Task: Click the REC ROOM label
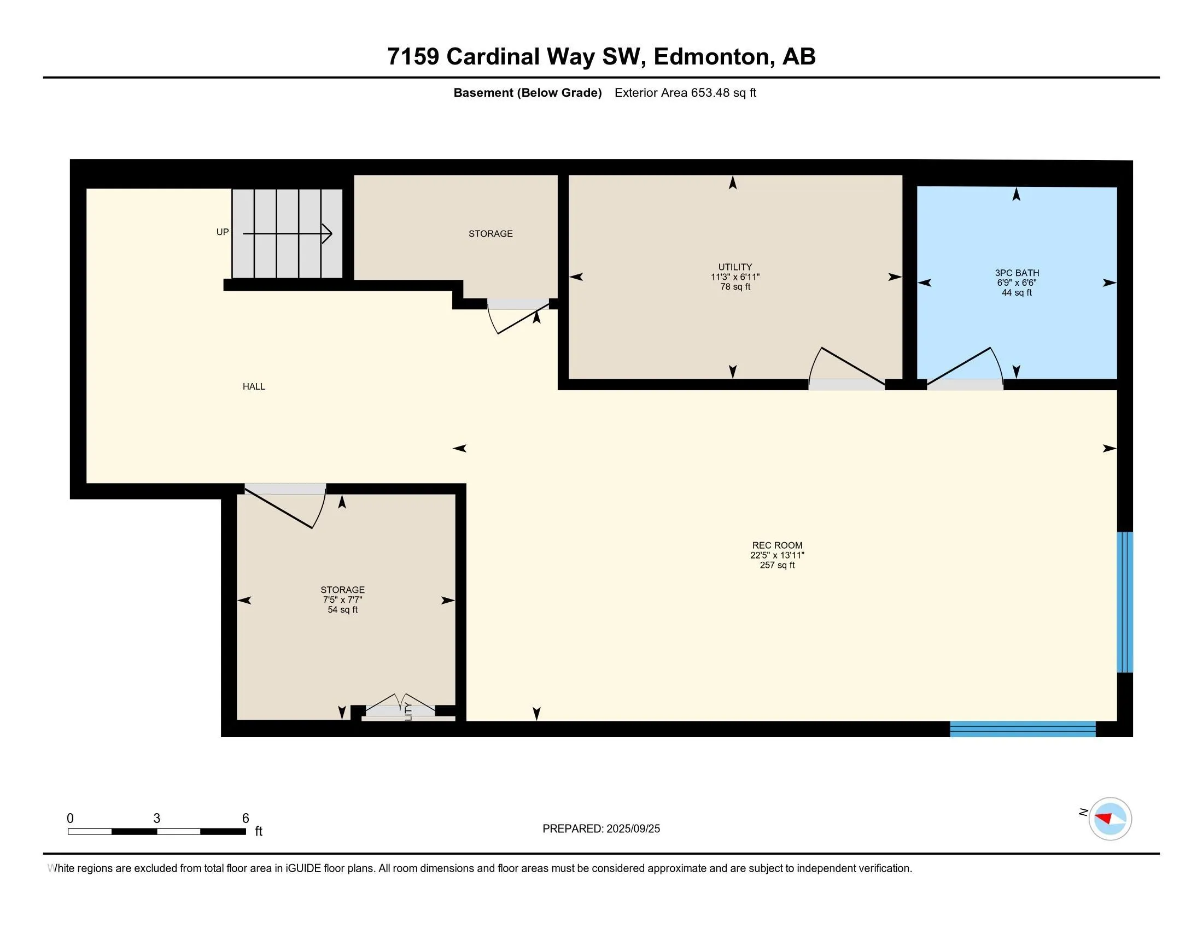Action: click(x=777, y=545)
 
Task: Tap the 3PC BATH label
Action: click(x=1017, y=273)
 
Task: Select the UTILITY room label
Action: click(x=735, y=267)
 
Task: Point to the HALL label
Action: click(x=254, y=386)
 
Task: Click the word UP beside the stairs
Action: click(x=223, y=232)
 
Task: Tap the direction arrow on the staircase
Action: click(x=288, y=233)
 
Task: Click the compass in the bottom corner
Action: click(x=1110, y=819)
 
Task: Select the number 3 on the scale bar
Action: click(x=157, y=819)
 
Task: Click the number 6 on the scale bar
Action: click(x=246, y=819)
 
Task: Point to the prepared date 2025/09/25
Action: click(x=633, y=829)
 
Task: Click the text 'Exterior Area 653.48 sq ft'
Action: click(x=685, y=92)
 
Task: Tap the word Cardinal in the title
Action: click(x=493, y=56)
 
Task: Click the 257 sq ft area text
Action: click(x=777, y=565)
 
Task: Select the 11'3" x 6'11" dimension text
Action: click(x=735, y=277)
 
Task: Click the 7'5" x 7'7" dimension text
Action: click(x=343, y=600)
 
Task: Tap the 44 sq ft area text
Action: click(x=1017, y=293)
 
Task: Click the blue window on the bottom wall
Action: click(x=1023, y=729)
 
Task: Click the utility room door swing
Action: click(x=846, y=365)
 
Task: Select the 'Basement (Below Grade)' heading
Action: click(x=527, y=92)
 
